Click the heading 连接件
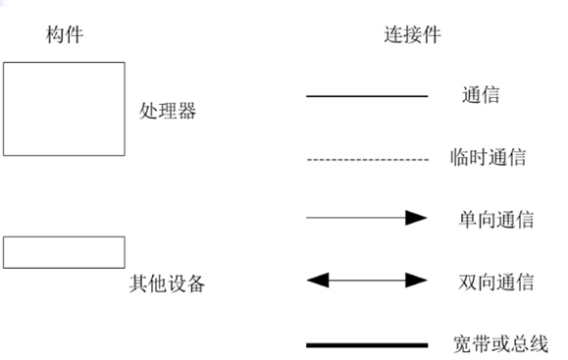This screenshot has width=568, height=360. point(411,35)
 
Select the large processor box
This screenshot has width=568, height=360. point(64,109)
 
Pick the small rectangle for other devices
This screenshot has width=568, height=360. point(64,252)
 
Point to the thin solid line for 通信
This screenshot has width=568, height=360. point(367,96)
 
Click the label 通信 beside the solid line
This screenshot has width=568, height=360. point(480,96)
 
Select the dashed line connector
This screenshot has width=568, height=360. point(367,158)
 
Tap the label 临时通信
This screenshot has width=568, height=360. point(487,158)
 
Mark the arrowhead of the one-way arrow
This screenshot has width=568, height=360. point(418,218)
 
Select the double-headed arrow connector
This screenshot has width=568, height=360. point(367,281)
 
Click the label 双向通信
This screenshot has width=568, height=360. point(495,283)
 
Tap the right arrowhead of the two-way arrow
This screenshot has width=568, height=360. point(418,281)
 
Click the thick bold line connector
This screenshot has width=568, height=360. point(367,345)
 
